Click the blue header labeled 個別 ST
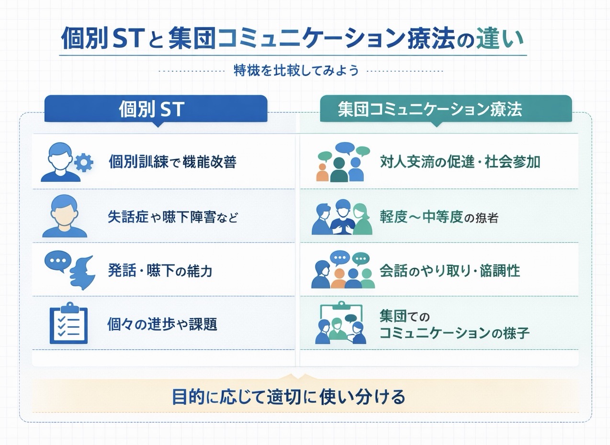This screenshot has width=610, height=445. (x=156, y=109)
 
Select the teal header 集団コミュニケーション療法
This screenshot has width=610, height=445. (x=446, y=109)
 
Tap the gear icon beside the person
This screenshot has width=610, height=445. (x=84, y=163)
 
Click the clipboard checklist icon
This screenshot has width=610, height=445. (x=68, y=323)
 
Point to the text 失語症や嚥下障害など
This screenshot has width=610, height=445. (x=173, y=217)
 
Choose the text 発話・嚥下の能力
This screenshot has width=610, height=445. (x=160, y=271)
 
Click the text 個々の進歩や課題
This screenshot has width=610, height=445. (x=162, y=324)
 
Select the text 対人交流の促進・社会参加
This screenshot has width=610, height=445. (x=460, y=162)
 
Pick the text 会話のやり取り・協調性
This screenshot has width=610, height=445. (x=450, y=271)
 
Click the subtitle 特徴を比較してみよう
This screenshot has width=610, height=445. (x=296, y=70)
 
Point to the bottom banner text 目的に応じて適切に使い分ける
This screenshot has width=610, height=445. (x=289, y=397)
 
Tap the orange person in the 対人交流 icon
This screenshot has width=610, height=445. (x=322, y=173)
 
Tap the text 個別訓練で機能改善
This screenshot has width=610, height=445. (x=173, y=162)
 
